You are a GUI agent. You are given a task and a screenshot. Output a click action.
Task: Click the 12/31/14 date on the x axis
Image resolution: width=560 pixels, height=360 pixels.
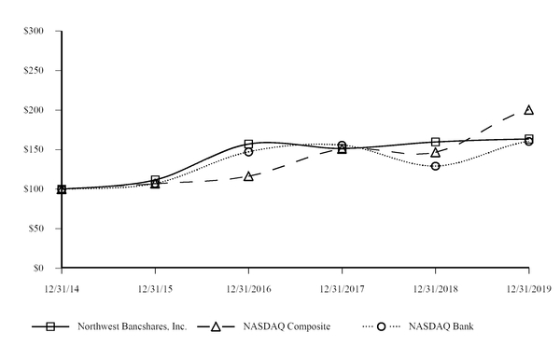click(62, 288)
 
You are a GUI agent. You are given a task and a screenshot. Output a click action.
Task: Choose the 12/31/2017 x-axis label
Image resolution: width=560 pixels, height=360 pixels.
click(342, 288)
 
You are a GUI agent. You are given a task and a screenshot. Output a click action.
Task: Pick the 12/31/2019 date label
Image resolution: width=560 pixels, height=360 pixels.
click(528, 288)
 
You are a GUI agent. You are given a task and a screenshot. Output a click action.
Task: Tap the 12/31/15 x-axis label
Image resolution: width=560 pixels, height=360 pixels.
click(155, 288)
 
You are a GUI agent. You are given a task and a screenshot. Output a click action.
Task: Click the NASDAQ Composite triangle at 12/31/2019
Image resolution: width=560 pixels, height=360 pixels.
click(529, 109)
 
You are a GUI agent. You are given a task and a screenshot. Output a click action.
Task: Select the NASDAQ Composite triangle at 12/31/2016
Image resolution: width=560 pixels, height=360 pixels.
click(248, 175)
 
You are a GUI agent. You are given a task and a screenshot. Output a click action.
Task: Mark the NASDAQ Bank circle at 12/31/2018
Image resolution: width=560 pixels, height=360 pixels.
click(435, 166)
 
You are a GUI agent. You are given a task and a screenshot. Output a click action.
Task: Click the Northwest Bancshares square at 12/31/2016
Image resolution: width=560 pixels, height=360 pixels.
click(248, 145)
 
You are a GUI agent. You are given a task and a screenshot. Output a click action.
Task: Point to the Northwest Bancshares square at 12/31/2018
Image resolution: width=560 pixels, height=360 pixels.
click(435, 142)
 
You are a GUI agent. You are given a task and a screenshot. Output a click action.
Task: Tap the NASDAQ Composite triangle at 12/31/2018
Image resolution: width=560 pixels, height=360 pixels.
click(435, 152)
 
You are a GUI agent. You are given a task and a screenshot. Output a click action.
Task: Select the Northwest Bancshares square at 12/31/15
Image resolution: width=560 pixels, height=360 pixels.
click(155, 180)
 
